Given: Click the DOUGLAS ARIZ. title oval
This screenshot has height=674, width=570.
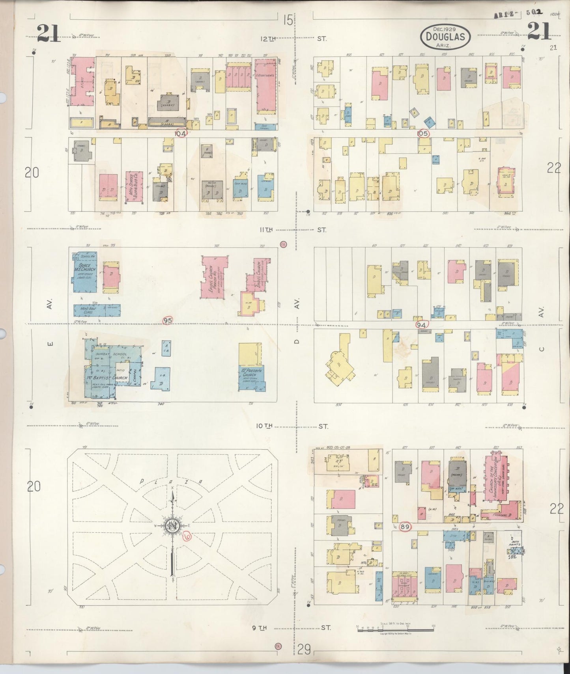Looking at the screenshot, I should tap(445, 37).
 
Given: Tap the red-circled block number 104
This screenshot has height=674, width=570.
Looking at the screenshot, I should tap(181, 133).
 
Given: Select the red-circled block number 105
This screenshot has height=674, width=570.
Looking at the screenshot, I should tap(423, 133).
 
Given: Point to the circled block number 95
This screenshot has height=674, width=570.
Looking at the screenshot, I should tap(168, 320).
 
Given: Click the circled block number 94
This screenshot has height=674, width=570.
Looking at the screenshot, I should tap(421, 325).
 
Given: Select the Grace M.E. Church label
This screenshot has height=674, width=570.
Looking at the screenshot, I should tap(84, 271).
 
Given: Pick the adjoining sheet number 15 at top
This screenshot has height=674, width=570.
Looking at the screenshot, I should tap(288, 20).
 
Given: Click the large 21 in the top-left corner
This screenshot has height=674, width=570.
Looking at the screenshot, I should tap(49, 32).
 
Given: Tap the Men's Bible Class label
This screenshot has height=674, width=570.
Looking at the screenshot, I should tap(88, 310).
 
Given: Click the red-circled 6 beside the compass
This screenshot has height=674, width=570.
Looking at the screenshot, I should tap(187, 536).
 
